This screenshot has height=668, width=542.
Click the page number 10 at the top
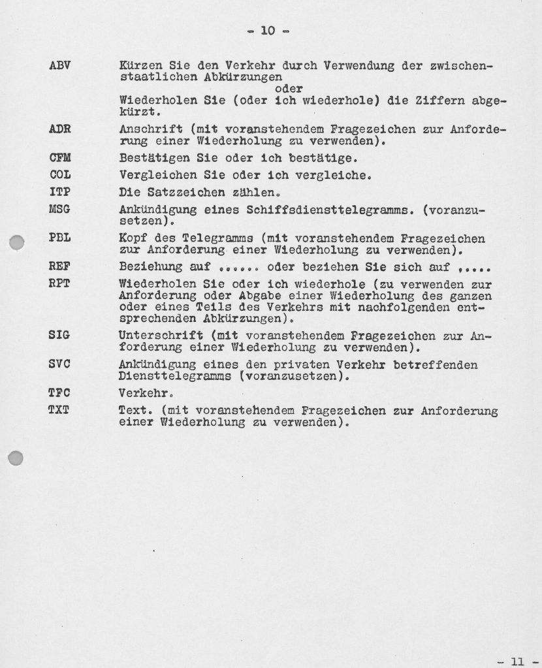tap(268, 30)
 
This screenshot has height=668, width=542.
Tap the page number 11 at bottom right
tap(517, 661)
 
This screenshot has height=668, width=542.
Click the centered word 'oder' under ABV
tap(290, 89)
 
